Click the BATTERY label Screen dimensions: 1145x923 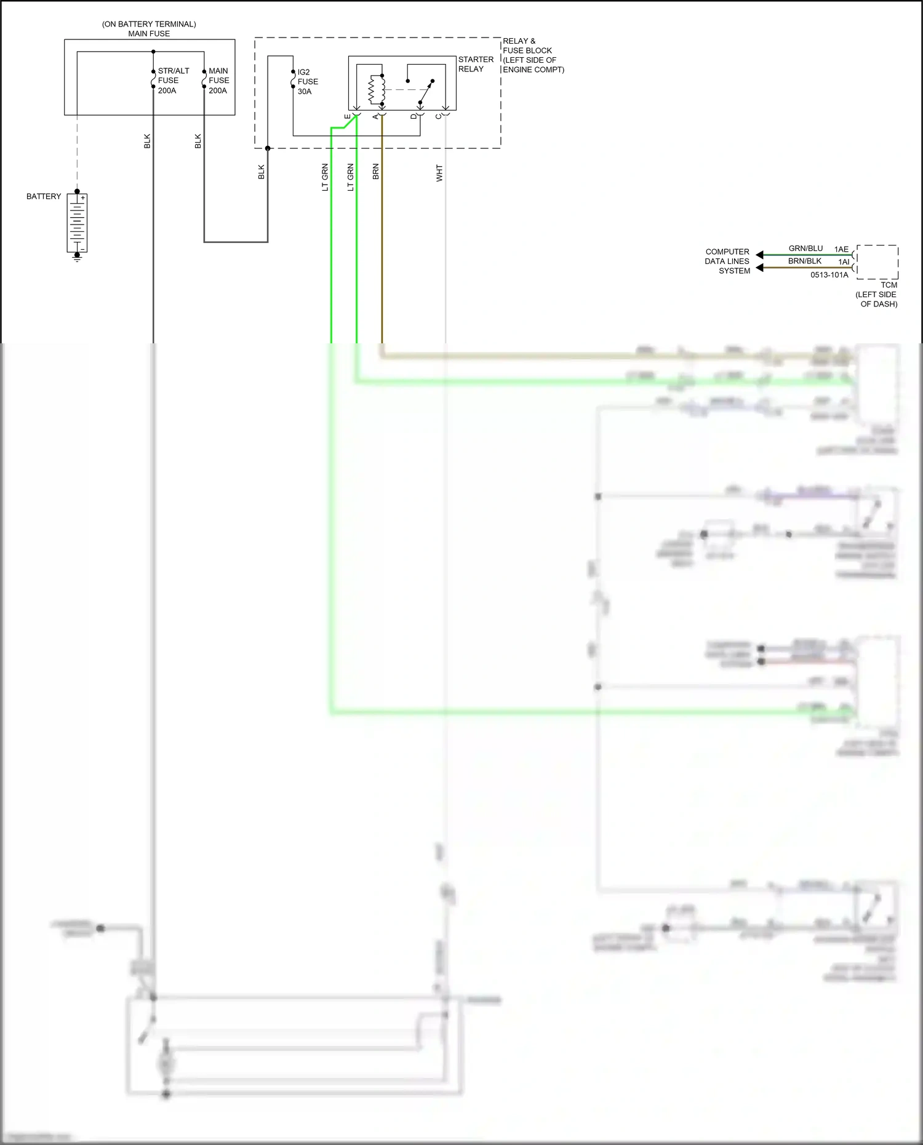[44, 196]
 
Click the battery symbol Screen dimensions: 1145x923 [77, 223]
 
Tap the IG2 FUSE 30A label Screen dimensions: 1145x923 [308, 82]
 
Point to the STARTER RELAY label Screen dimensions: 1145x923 [476, 64]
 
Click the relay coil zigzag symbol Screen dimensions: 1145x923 [373, 90]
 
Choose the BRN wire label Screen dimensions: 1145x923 [376, 172]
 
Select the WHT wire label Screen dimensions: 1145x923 [439, 174]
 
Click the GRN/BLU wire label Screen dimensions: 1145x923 [805, 248]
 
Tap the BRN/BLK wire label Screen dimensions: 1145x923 [805, 261]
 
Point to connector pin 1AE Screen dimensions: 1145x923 [841, 249]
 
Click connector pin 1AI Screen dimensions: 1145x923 [844, 262]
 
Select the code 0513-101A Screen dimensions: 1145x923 [829, 275]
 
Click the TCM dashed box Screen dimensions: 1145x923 [877, 262]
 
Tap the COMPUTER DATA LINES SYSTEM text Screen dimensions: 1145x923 [727, 261]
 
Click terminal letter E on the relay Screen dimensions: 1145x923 [348, 117]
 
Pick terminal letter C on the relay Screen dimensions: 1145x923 [438, 117]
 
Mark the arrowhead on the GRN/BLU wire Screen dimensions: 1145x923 [759, 255]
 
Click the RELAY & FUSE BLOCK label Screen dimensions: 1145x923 [533, 55]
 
